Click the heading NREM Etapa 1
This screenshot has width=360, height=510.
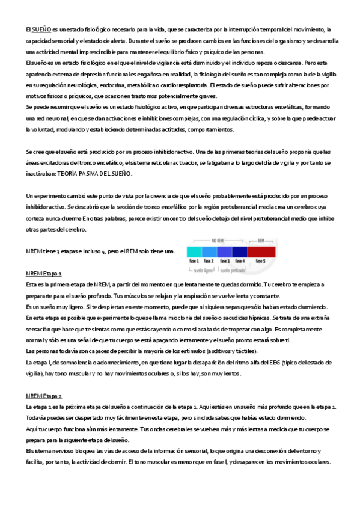click(44, 273)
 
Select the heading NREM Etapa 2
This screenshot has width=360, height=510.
click(44, 379)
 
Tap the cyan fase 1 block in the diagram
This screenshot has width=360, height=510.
click(194, 251)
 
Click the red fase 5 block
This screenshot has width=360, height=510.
click(261, 251)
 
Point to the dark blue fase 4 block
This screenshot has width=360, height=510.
click(239, 251)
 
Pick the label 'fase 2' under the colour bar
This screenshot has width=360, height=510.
click(209, 261)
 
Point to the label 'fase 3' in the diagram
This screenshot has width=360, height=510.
click(225, 261)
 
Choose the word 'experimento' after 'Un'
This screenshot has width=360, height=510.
click(50, 196)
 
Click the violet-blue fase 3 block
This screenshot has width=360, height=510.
click(224, 251)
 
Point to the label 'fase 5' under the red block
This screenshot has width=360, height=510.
click(261, 261)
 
